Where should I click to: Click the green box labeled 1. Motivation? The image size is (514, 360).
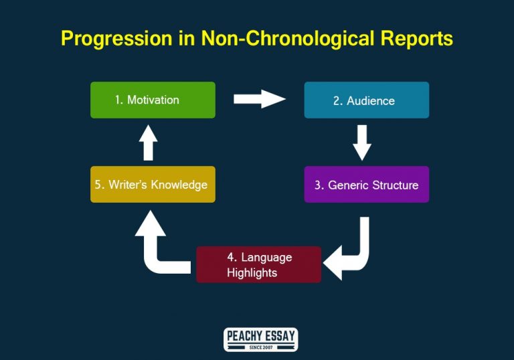(x=153, y=100)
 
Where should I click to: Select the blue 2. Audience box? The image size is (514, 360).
(x=366, y=100)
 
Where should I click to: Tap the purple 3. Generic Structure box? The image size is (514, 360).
(x=366, y=185)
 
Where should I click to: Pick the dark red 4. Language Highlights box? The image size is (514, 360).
(x=258, y=264)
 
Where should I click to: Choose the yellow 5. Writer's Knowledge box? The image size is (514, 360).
(x=153, y=185)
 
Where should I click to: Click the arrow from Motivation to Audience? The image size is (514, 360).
(x=259, y=100)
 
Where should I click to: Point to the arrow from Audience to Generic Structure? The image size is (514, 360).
(x=362, y=143)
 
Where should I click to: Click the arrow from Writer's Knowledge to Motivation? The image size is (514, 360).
(x=149, y=142)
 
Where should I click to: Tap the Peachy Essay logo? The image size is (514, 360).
(x=260, y=339)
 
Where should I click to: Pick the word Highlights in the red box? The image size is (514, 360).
(x=252, y=272)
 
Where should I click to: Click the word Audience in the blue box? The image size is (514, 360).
(x=371, y=101)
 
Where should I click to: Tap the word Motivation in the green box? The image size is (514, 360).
(x=153, y=100)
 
